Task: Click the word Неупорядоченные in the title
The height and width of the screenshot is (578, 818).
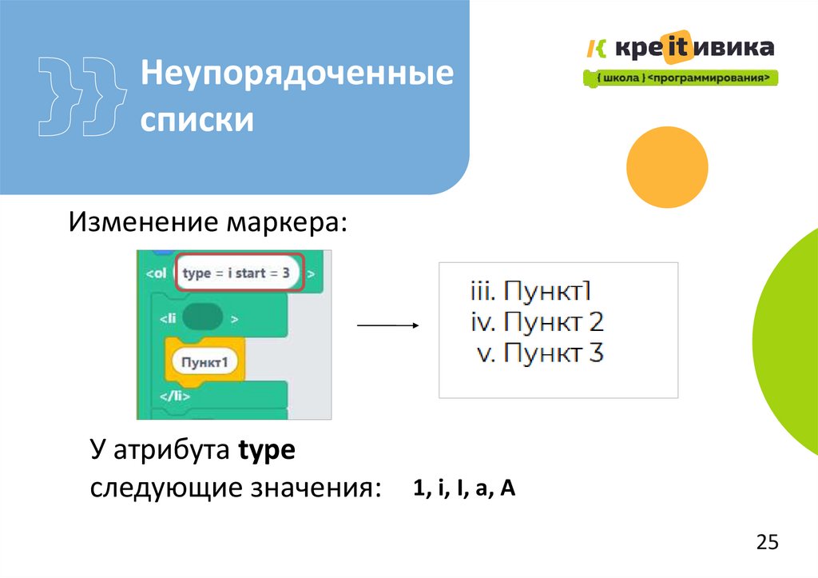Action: point(297,76)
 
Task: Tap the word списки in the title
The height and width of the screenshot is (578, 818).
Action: point(197,120)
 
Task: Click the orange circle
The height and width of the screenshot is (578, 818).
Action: point(667,168)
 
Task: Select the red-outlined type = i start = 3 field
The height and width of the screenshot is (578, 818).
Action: point(240,273)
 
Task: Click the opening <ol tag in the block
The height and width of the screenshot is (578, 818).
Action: point(156,273)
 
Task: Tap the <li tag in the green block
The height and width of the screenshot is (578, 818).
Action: point(167,318)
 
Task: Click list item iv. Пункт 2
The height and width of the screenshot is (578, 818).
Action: point(535,322)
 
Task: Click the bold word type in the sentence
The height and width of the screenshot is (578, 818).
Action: point(267,452)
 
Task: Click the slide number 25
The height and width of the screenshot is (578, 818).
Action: point(766,543)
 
